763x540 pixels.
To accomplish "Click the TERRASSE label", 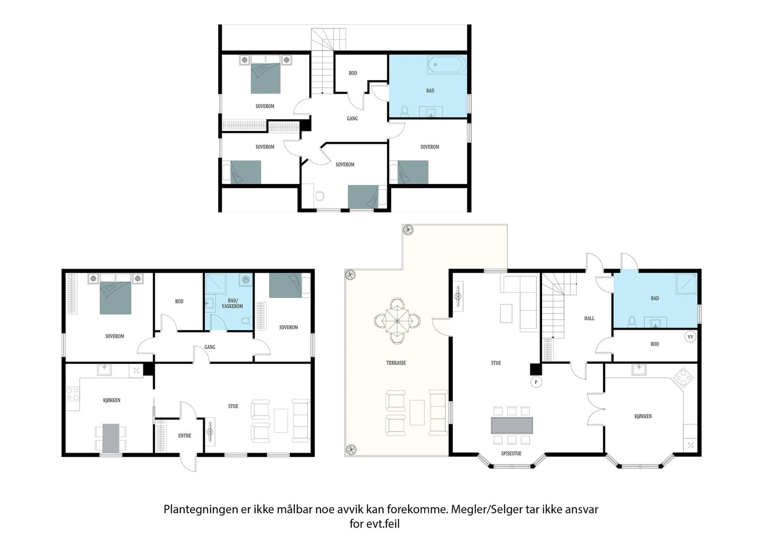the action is pyautogui.click(x=396, y=363).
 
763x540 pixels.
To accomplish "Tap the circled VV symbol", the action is pyautogui.click(x=691, y=337).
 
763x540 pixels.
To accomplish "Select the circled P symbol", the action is pyautogui.click(x=536, y=382).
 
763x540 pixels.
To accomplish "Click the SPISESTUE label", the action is pyautogui.click(x=511, y=454).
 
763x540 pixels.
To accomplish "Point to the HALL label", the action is pyautogui.click(x=589, y=319).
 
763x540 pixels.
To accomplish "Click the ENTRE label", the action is pyautogui.click(x=185, y=436).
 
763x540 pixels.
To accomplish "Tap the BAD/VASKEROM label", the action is pyautogui.click(x=232, y=303).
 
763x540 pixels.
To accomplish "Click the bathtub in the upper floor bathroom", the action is pyautogui.click(x=447, y=64).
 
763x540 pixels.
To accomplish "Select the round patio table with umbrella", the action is pyautogui.click(x=397, y=321).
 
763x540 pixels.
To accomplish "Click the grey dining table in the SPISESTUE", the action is pyautogui.click(x=512, y=426).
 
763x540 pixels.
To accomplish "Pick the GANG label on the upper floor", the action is pyautogui.click(x=352, y=119).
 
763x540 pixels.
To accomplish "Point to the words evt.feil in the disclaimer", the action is pyautogui.click(x=383, y=524).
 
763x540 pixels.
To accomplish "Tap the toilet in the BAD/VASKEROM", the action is pyautogui.click(x=246, y=320).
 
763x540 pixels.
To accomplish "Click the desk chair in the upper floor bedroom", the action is pyautogui.click(x=320, y=196).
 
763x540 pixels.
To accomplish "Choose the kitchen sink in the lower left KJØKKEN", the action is pyautogui.click(x=104, y=369).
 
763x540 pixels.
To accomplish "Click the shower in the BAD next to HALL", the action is pyautogui.click(x=686, y=283).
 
